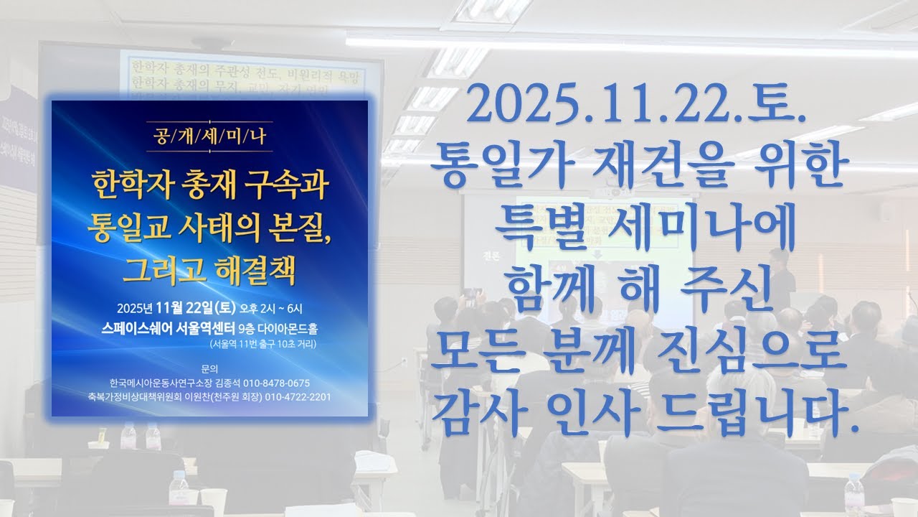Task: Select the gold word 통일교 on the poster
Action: (126, 228)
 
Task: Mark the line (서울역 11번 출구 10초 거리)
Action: (263, 344)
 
